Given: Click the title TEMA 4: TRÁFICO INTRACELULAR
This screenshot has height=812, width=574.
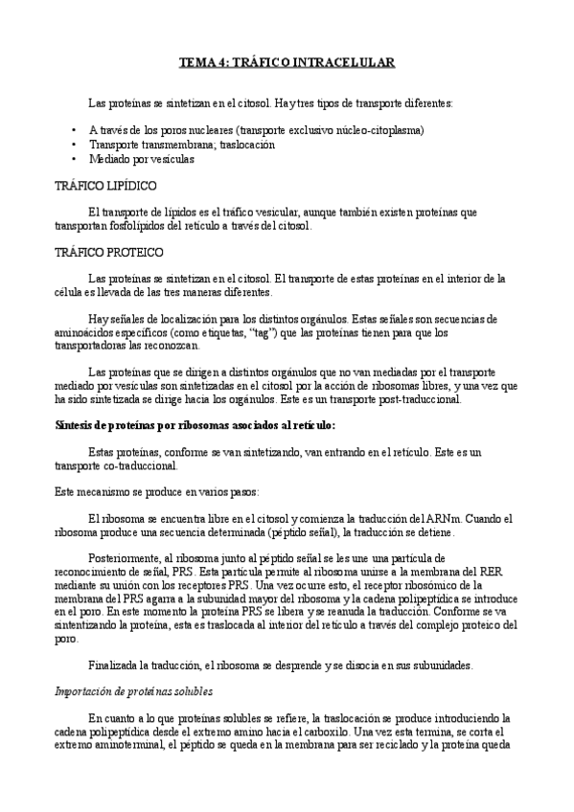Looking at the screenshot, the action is click(x=287, y=62).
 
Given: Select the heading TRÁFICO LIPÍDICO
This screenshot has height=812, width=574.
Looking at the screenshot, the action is click(x=106, y=186).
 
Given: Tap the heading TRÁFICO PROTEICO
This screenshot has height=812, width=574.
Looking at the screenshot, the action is click(x=109, y=253).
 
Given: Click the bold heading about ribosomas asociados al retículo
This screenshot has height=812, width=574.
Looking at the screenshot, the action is click(x=195, y=425).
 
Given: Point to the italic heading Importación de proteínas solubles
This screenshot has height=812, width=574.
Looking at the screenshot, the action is click(x=134, y=690).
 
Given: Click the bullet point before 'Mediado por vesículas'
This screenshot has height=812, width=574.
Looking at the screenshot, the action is click(x=75, y=160).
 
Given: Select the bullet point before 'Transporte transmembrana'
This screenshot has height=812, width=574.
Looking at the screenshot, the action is click(x=75, y=145).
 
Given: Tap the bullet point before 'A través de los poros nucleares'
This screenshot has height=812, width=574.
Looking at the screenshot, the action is click(x=75, y=129).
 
